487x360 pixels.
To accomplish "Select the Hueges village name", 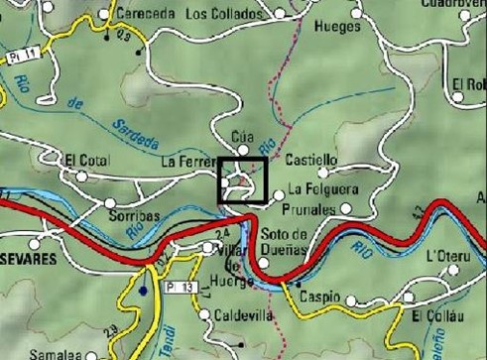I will pos(336,27).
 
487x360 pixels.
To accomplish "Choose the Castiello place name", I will pos(311,160).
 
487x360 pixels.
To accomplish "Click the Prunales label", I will pos(307,209).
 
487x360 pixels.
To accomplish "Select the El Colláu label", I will pos(435,317).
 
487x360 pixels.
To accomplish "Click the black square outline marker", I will pos(242,180).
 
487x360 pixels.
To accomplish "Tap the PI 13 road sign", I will pos(183,288).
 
